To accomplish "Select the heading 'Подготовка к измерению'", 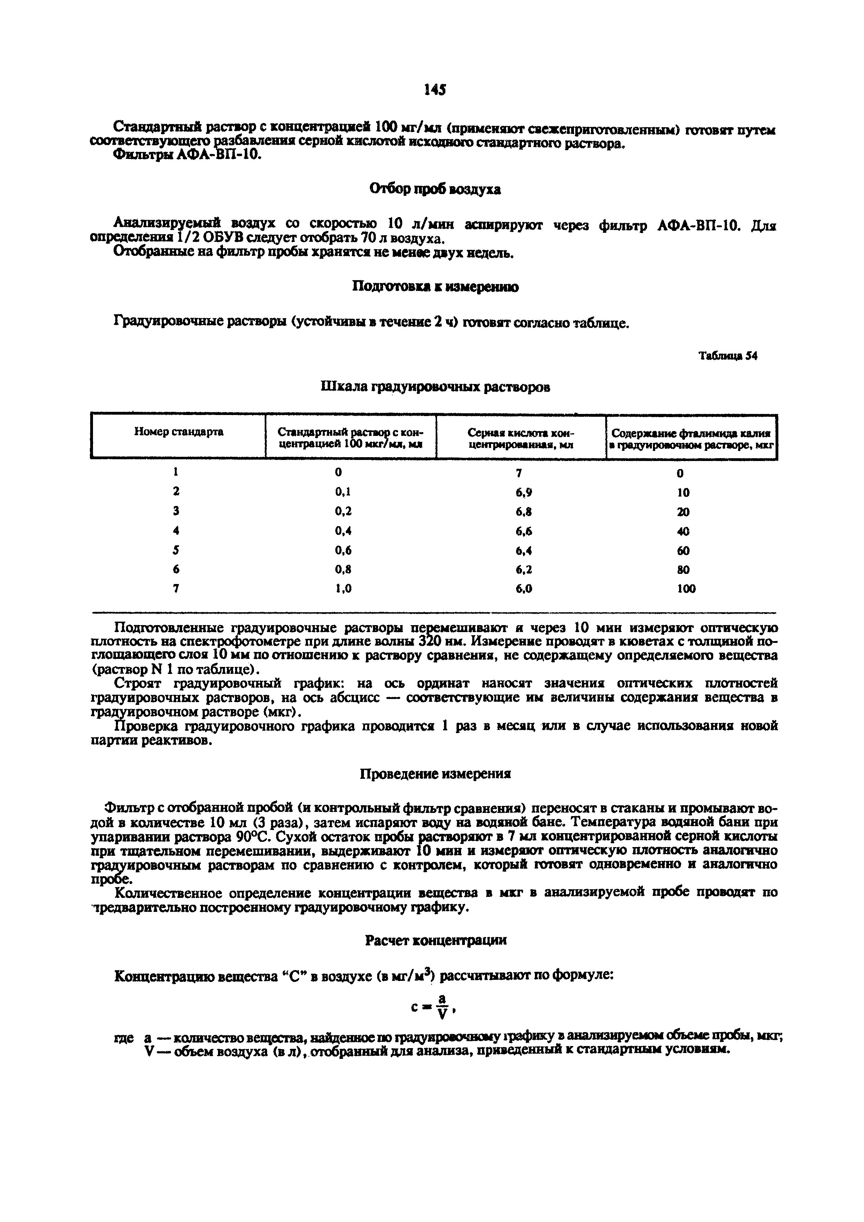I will (435, 287).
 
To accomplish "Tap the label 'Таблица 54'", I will (727, 356).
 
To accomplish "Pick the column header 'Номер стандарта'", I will (178, 432).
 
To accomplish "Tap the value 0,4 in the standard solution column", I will (343, 531).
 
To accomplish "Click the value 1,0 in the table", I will (343, 589).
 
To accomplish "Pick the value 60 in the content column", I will (683, 550).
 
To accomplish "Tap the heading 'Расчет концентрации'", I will (435, 940).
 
